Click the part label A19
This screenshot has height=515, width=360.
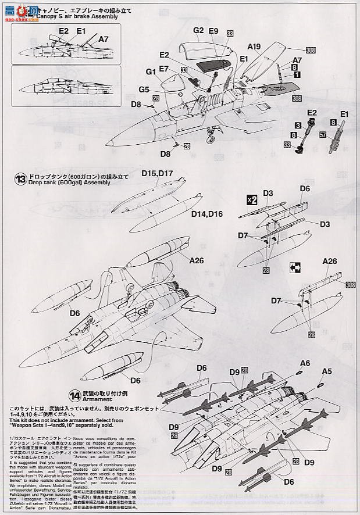(254, 47)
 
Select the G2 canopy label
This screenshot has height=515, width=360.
(198, 30)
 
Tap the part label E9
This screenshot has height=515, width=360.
(213, 30)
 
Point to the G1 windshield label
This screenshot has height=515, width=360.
(151, 71)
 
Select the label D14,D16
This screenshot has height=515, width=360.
(206, 214)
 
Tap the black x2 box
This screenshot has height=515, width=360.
(251, 199)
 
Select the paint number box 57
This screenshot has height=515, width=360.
(323, 134)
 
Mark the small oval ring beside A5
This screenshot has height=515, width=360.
(320, 384)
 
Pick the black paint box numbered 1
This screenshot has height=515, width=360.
(297, 74)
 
